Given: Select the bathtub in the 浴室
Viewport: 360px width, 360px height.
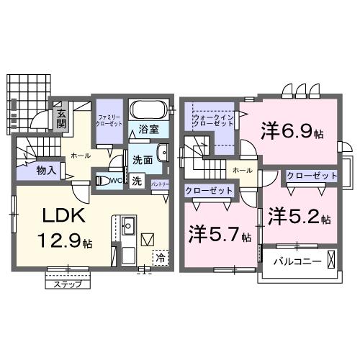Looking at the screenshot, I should pos(150,111).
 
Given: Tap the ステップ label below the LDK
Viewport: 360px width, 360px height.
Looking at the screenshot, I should pos(68,284).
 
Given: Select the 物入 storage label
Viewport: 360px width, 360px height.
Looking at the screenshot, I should pos(48,171).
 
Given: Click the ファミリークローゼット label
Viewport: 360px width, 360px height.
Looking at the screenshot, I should pos(109,118).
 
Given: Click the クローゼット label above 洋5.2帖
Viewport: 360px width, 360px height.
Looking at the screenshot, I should pos(312,176).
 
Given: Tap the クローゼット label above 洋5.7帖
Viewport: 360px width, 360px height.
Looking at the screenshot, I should pos(210,191).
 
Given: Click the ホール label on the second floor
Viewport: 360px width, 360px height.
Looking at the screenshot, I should pos(243,170).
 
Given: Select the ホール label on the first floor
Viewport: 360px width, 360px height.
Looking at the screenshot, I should pos(80,154).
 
